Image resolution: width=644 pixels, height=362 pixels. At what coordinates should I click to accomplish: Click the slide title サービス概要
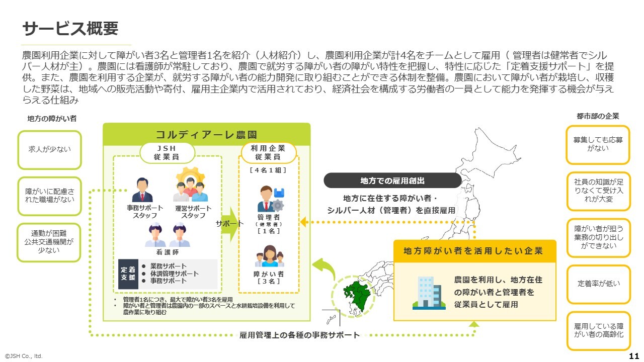point(70,29)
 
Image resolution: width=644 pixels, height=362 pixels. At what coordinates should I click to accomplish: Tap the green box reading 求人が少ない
point(49,149)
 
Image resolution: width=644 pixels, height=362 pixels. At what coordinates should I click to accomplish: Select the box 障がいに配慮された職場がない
point(49,195)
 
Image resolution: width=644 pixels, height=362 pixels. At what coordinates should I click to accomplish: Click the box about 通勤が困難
point(49,242)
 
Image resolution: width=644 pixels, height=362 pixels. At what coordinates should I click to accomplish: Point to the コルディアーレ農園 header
point(206,134)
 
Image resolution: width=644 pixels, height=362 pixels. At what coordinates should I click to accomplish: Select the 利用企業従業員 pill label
point(268,152)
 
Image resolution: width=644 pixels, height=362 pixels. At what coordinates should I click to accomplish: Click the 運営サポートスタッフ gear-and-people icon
point(191,185)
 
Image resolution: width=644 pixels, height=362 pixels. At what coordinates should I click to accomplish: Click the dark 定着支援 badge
point(128,274)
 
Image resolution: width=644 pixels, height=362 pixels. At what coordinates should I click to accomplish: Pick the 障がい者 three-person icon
point(268,256)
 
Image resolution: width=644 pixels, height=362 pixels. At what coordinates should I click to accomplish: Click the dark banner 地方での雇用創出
point(392,180)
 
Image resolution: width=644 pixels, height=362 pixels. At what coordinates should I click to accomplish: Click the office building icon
point(426,292)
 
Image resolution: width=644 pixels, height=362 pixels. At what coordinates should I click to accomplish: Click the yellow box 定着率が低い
point(598,284)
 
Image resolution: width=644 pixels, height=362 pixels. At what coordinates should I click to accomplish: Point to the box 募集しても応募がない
point(598,144)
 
